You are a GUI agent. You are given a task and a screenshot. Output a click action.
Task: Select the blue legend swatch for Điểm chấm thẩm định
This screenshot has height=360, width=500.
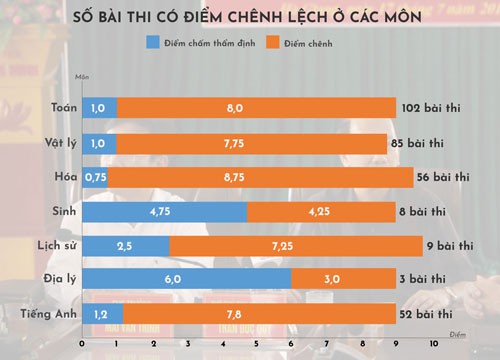pyautogui.click(x=152, y=44)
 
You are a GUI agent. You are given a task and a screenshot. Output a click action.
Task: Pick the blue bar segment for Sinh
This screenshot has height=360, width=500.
pyautogui.click(x=164, y=212)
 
